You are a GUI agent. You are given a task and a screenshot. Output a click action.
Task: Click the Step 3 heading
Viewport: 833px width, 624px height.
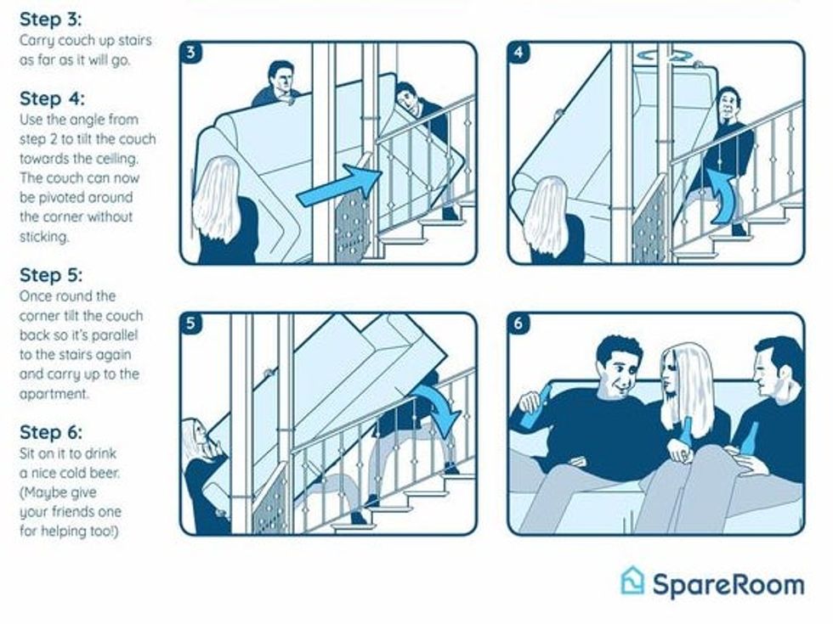(51, 20)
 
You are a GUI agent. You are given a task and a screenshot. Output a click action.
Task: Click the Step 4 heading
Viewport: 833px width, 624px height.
(52, 98)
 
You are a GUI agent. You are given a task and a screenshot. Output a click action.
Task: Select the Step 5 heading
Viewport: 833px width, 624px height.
(51, 275)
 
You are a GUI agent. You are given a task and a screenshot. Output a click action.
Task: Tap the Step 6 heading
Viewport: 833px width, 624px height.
(51, 432)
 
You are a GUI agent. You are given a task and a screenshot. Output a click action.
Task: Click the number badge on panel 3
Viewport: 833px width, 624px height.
(191, 53)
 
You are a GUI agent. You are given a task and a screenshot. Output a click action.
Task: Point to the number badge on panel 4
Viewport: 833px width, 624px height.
(518, 53)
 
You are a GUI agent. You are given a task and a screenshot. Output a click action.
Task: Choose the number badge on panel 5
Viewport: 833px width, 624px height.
(191, 323)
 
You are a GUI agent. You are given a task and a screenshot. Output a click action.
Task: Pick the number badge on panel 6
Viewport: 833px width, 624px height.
(518, 323)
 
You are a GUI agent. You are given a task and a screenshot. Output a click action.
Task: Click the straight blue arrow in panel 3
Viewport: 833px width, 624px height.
(340, 186)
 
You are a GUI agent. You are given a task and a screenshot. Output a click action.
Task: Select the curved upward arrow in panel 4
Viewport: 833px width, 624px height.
(722, 197)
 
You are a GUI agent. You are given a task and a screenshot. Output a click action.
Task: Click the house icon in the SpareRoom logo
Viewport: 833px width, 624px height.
(632, 581)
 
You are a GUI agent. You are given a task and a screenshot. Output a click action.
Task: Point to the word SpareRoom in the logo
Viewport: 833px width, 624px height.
(728, 584)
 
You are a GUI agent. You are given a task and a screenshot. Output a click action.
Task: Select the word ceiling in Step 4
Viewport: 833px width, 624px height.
(116, 159)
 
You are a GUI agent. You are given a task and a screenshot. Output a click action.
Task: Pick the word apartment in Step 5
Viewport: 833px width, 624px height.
(53, 394)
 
